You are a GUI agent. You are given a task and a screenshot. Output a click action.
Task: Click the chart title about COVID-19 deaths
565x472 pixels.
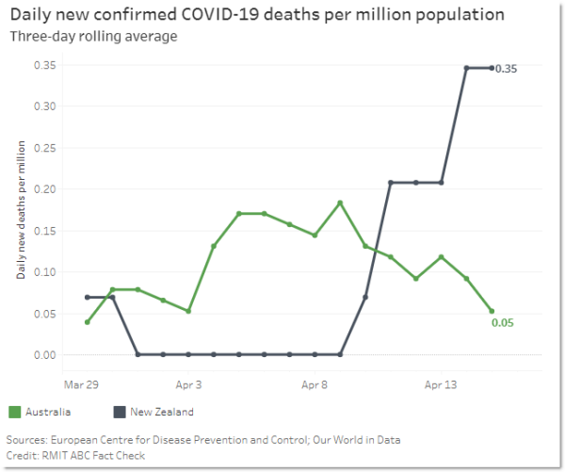click(256, 15)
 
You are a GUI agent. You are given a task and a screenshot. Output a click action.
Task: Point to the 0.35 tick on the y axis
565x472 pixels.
click(44, 65)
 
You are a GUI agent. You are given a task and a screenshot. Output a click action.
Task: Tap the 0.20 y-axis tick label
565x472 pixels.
click(44, 189)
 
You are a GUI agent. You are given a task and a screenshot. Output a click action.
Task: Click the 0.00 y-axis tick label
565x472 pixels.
click(44, 355)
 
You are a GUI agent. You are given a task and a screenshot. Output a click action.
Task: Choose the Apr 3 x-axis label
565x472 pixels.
click(189, 384)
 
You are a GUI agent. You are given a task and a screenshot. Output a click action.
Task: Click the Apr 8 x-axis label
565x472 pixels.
click(315, 384)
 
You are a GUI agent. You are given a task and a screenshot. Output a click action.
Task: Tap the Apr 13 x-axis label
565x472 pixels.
click(441, 384)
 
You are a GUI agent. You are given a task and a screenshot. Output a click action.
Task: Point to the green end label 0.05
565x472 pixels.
click(503, 323)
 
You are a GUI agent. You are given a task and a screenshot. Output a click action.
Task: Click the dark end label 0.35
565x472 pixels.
click(507, 69)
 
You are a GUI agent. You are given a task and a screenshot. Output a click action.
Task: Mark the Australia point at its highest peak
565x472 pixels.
click(340, 203)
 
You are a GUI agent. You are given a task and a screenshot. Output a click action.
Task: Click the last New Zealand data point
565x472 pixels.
click(492, 68)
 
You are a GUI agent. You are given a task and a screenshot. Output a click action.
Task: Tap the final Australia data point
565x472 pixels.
click(492, 311)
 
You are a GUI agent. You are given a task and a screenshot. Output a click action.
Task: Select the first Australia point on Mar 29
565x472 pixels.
click(88, 322)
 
